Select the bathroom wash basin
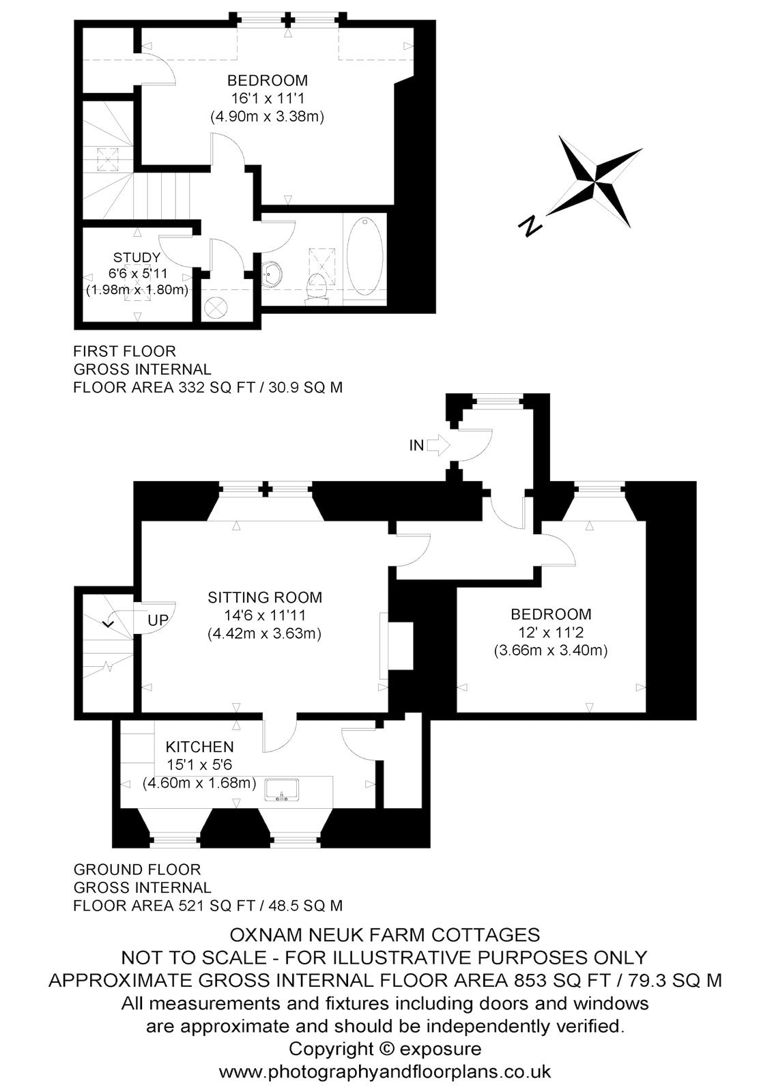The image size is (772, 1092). coord(271,274)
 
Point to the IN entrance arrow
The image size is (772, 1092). coord(437,445)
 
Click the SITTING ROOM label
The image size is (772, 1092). coord(265,597)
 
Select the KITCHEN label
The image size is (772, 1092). coord(199,747)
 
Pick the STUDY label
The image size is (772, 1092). coord(137,257)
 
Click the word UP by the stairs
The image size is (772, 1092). coord(158,620)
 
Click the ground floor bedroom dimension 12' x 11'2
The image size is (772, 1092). coord(551,632)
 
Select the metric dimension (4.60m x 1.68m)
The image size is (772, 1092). coord(199,783)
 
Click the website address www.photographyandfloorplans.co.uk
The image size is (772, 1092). coord(385,1072)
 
